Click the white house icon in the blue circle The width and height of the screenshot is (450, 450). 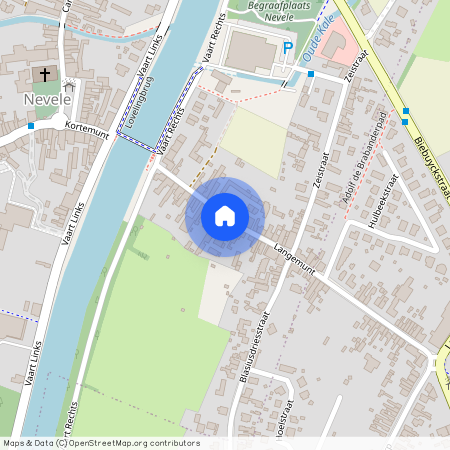pyautogui.click(x=225, y=215)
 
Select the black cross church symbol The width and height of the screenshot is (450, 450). pyautogui.click(x=45, y=75)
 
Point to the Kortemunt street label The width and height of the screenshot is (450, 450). pyautogui.click(x=84, y=129)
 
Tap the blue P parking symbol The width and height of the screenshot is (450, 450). pyautogui.click(x=288, y=48)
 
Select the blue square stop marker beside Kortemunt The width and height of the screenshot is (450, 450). pyautogui.click(x=32, y=126)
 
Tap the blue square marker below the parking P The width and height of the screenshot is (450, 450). pyautogui.click(x=311, y=74)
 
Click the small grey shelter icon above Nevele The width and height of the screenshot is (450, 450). pyautogui.click(x=67, y=86)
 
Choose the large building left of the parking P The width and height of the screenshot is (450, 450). pyautogui.click(x=249, y=49)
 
